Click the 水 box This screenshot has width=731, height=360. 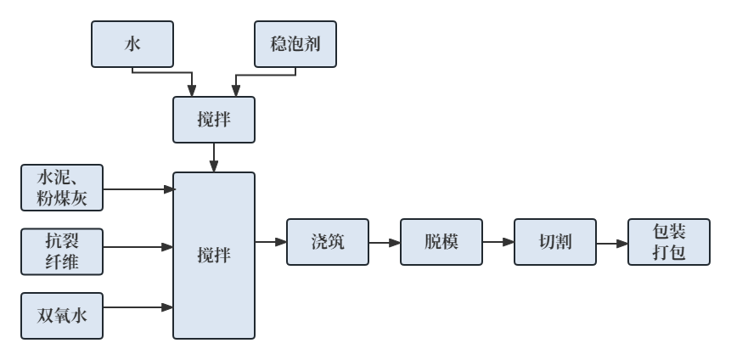pyautogui.click(x=132, y=44)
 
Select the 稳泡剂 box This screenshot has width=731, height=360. pyautogui.click(x=295, y=44)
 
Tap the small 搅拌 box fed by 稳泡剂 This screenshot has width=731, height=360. pyautogui.click(x=214, y=120)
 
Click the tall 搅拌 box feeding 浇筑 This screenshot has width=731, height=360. pyautogui.click(x=214, y=255)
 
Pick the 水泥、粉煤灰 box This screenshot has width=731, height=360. pyautogui.click(x=62, y=188)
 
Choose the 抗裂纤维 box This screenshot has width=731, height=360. pyautogui.click(x=62, y=251)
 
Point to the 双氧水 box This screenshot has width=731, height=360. pyautogui.click(x=62, y=316)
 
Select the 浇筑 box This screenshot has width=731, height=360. pyautogui.click(x=328, y=242)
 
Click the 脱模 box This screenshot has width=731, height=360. pyautogui.click(x=441, y=242)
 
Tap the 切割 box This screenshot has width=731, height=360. pyautogui.click(x=555, y=242)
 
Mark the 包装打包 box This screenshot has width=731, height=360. pyautogui.click(x=669, y=242)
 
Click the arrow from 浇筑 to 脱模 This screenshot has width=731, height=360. pyautogui.click(x=385, y=242)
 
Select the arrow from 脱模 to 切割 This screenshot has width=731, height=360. pyautogui.click(x=498, y=242)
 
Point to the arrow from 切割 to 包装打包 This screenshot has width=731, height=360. pyautogui.click(x=612, y=242)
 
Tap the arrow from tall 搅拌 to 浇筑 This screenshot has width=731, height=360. pyautogui.click(x=271, y=242)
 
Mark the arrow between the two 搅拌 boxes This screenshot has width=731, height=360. pyautogui.click(x=214, y=157)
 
